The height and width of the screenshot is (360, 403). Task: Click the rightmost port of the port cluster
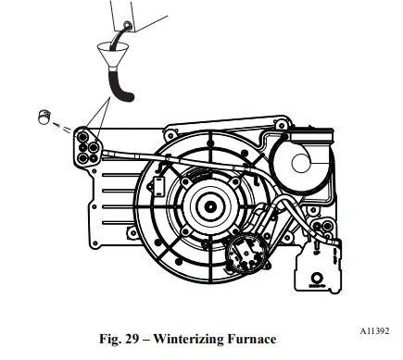pos(97,145)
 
